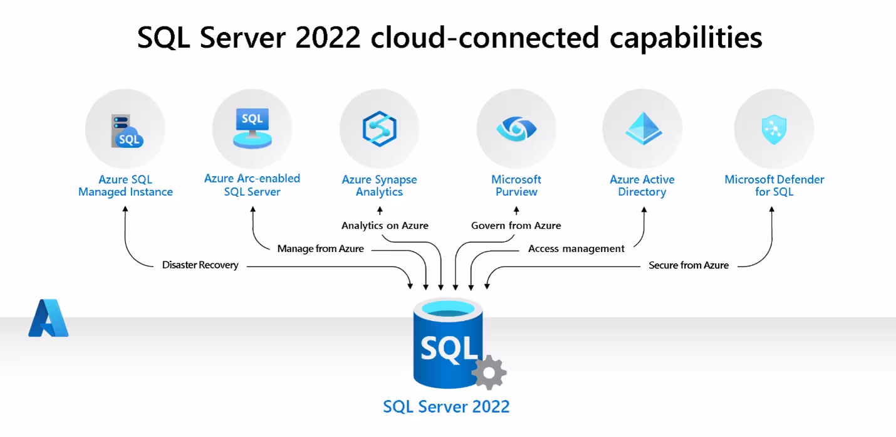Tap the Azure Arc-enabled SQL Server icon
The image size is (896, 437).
coord(252,128)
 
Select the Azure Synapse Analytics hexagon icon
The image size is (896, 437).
coord(379,129)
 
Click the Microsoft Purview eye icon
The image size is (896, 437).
coord(516,129)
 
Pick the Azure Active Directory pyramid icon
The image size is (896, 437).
coord(642,129)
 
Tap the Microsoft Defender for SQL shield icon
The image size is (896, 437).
coord(774,129)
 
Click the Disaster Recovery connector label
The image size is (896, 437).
coord(201,265)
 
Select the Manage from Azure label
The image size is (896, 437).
coord(321,249)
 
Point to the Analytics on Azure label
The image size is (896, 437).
coord(385,226)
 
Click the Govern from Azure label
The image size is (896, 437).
coord(516,226)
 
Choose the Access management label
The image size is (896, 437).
coord(576,249)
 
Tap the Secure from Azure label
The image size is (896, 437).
coord(689,265)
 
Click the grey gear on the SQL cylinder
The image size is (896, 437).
coord(489,373)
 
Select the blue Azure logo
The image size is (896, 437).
coord(48,318)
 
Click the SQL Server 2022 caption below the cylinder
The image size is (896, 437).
coord(446,406)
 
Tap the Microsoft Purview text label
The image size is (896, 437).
coord(516,186)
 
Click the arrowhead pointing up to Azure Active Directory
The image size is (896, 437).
coord(643,211)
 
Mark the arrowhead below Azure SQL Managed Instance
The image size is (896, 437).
coord(125,211)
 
